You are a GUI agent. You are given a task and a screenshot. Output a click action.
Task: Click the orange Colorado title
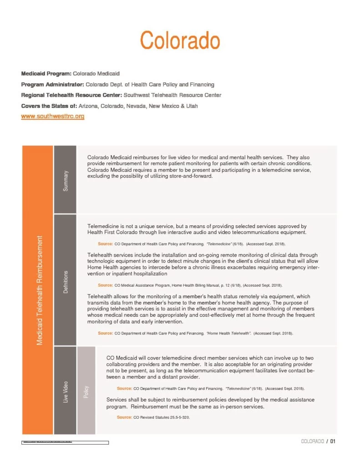point(180,41)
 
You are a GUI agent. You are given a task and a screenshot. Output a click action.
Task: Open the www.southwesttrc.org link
point(53,116)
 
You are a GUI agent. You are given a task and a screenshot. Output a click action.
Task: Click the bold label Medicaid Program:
point(46,73)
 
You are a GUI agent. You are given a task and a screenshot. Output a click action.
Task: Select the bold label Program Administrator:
point(52,84)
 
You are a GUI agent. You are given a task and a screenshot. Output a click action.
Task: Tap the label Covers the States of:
point(49,106)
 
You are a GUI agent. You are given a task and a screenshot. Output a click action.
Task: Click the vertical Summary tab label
point(66,181)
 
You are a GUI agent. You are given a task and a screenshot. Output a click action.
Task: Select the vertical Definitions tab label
point(66,281)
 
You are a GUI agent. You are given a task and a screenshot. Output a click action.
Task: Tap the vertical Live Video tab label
point(66,392)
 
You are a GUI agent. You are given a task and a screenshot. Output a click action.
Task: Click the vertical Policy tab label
point(86,392)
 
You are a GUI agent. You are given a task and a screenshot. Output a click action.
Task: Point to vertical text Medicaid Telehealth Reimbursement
point(40,290)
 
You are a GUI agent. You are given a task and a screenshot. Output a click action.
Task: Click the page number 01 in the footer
point(333,441)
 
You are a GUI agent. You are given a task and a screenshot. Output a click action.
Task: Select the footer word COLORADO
point(312,441)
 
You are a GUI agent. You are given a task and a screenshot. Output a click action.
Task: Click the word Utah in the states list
point(191,106)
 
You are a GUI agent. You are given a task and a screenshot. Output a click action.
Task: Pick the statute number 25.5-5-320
point(177,417)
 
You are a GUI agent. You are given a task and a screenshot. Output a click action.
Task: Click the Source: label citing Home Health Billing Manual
point(105,285)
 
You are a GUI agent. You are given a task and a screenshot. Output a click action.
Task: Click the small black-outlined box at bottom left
point(65,442)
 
